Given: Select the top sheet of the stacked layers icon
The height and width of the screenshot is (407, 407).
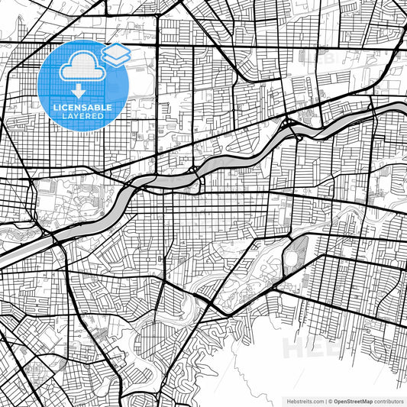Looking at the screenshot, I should (x=116, y=50).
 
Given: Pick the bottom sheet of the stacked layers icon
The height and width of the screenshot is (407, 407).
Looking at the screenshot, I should (x=116, y=59).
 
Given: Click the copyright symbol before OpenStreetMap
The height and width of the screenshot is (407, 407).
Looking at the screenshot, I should (x=329, y=401).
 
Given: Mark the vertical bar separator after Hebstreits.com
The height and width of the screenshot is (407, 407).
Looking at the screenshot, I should (x=324, y=401).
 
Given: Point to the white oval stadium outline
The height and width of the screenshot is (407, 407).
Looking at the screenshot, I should (x=292, y=257).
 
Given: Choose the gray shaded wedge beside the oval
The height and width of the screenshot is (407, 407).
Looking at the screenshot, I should (x=302, y=246).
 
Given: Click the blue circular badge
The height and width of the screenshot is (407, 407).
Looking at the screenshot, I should (x=82, y=84).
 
